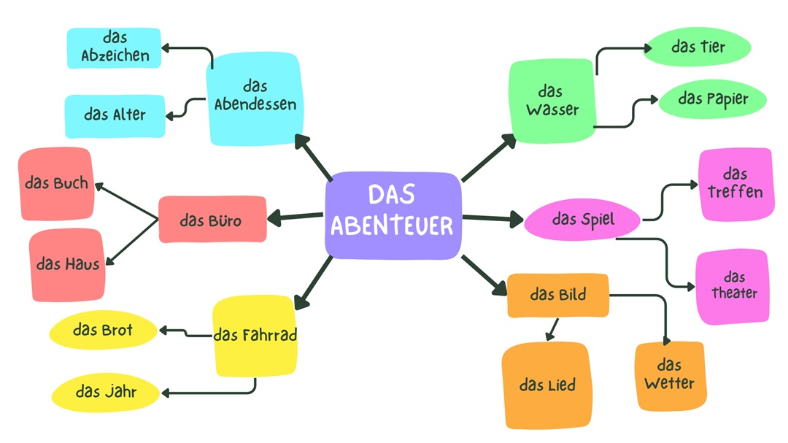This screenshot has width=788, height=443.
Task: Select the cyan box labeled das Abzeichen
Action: [x=114, y=47]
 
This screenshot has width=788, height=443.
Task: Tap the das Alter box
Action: [x=115, y=115]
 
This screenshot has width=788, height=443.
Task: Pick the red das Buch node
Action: [x=56, y=184]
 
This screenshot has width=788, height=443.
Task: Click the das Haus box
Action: [x=68, y=263]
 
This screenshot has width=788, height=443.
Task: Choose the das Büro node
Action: [x=212, y=220]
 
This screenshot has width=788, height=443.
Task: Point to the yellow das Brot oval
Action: [x=103, y=331]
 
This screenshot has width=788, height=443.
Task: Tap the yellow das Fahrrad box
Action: [x=255, y=336]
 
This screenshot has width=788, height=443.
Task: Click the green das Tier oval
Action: [x=698, y=47]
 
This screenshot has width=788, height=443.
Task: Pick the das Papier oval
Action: [x=712, y=99]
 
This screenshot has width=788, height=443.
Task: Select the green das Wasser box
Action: [x=552, y=101]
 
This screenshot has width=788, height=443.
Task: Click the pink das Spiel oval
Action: [x=582, y=220]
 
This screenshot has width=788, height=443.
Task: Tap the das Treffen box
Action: [x=735, y=184]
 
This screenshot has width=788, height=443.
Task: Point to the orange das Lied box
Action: [x=546, y=385]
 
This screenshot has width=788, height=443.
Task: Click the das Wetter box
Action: [x=669, y=375]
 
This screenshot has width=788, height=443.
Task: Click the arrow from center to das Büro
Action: [x=295, y=217]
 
